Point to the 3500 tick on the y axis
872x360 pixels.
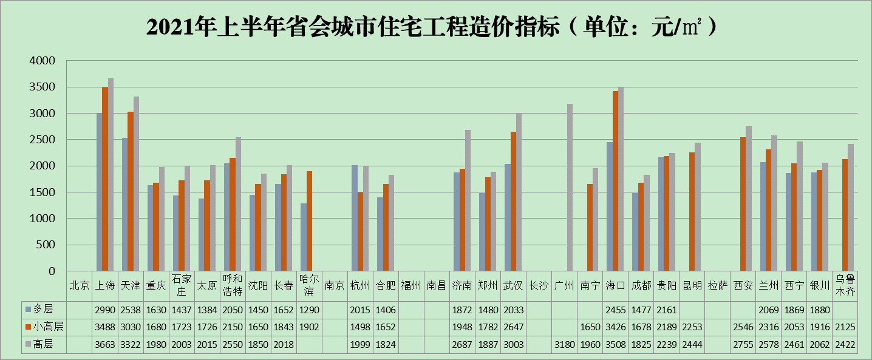pos(43,87)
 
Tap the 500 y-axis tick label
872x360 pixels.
pos(46,245)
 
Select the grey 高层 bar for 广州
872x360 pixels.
pos(570,188)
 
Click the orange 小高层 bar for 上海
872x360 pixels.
pos(105,179)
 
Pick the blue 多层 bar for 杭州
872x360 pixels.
pos(355,218)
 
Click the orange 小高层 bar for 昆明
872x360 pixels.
pos(692,212)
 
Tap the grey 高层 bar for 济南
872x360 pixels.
pos(468,200)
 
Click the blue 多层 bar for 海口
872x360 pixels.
pos(609,206)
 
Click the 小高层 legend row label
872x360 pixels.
pos(46,327)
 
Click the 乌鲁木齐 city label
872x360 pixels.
pos(845,285)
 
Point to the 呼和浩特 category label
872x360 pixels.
pos(233,285)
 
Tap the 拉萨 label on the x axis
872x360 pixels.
pos(717,285)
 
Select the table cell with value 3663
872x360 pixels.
pos(105,344)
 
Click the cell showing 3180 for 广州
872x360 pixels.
pos(564,344)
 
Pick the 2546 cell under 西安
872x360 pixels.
pos(743,327)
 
